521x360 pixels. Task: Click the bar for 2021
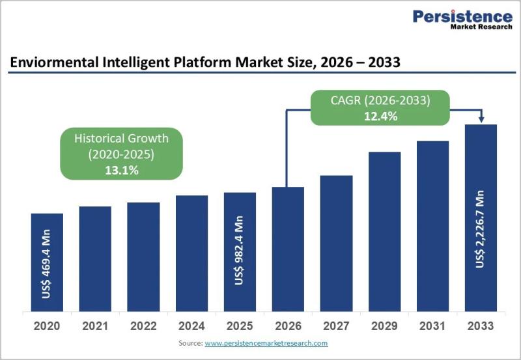click(x=95, y=259)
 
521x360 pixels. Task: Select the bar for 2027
click(x=336, y=243)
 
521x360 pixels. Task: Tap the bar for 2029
click(x=384, y=232)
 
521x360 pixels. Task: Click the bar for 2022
click(x=143, y=257)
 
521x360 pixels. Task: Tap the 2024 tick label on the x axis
click(x=191, y=325)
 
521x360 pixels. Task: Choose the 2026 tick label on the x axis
click(x=288, y=325)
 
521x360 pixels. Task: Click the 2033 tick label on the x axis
click(x=481, y=325)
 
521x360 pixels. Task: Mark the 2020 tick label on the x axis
click(x=47, y=325)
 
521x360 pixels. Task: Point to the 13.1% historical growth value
click(x=121, y=170)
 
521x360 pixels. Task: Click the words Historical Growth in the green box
click(x=121, y=139)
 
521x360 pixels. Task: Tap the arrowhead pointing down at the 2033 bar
click(x=481, y=119)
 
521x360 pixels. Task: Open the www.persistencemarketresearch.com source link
click(x=266, y=343)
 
